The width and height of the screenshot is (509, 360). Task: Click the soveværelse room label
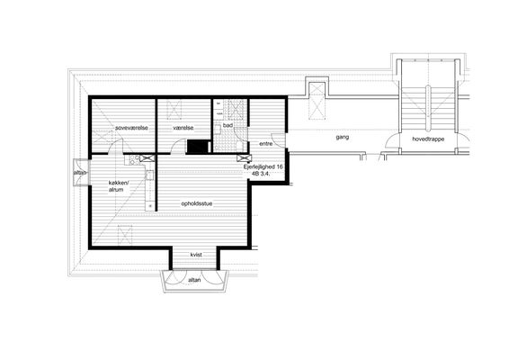(131, 128)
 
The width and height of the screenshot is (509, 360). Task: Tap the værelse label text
(183, 128)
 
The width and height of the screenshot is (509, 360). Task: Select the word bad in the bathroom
(228, 125)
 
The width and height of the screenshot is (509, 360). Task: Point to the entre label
(266, 143)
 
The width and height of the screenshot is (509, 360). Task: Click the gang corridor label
(343, 137)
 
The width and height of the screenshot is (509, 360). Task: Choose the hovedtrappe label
(428, 139)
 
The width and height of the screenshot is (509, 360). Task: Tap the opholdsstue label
(197, 203)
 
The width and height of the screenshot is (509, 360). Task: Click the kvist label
(196, 255)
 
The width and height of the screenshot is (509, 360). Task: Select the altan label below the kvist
(194, 280)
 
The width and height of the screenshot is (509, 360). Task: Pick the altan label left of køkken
(80, 173)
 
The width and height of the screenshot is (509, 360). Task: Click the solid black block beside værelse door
(198, 147)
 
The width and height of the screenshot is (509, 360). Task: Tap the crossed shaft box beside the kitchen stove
(146, 158)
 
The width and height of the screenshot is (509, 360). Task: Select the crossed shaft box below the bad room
(243, 158)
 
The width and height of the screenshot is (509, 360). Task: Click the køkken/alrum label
(119, 186)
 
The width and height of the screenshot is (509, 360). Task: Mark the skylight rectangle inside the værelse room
(174, 110)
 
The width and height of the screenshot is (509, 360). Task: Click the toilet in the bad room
(239, 146)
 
